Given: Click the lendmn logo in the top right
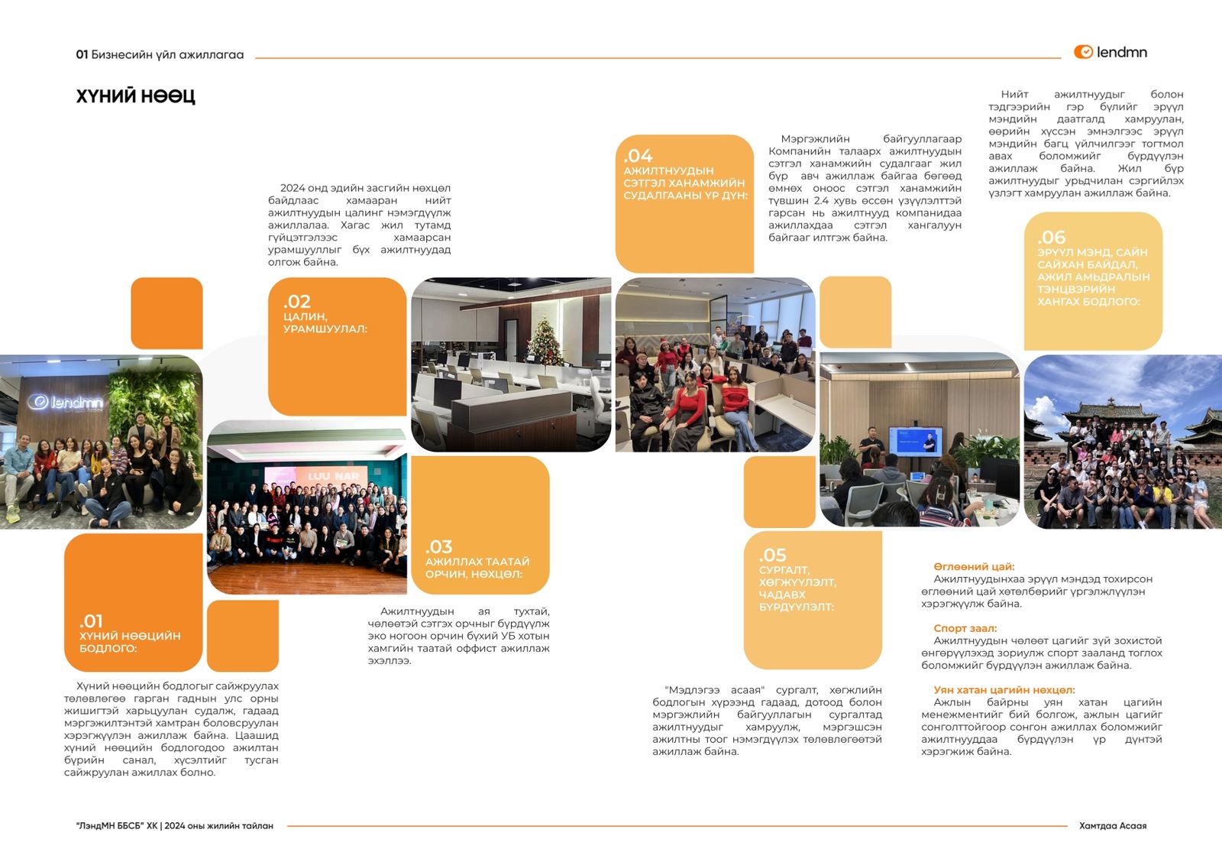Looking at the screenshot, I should (x=1110, y=52).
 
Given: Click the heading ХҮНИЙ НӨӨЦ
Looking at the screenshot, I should (x=135, y=96).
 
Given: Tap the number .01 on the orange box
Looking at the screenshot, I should (x=91, y=621).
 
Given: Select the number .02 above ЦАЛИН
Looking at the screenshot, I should (x=296, y=302).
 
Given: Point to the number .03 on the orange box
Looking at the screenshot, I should (x=438, y=547).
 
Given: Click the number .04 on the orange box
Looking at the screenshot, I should (x=638, y=156).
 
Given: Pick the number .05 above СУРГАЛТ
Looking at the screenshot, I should (x=772, y=556).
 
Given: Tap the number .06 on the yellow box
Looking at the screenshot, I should (x=1051, y=238).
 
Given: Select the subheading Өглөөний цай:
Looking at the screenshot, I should (x=974, y=567).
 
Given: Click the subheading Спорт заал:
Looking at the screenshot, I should (x=965, y=628).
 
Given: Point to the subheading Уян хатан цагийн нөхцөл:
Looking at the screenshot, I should (x=1004, y=690).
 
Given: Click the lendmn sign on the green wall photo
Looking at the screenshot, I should (x=66, y=402).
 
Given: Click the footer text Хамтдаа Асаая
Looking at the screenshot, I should (x=1112, y=826).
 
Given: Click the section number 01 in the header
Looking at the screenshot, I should (x=82, y=55).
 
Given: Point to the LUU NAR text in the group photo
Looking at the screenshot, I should (x=333, y=476).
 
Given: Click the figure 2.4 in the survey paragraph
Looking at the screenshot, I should (x=821, y=200).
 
